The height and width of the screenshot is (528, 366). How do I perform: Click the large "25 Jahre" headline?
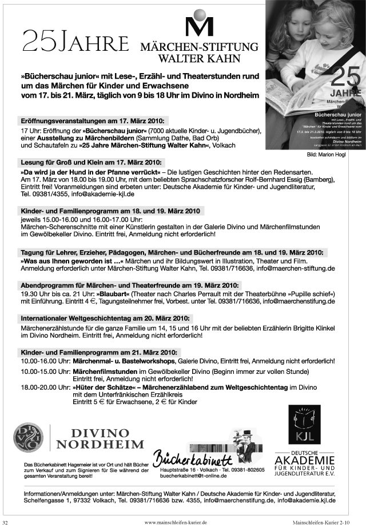tap(75, 42)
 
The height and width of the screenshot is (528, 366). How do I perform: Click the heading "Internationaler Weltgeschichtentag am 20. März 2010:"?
tap(106, 318)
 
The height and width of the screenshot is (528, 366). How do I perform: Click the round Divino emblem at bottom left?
tap(29, 437)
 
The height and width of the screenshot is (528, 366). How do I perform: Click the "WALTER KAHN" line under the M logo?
tap(199, 58)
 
